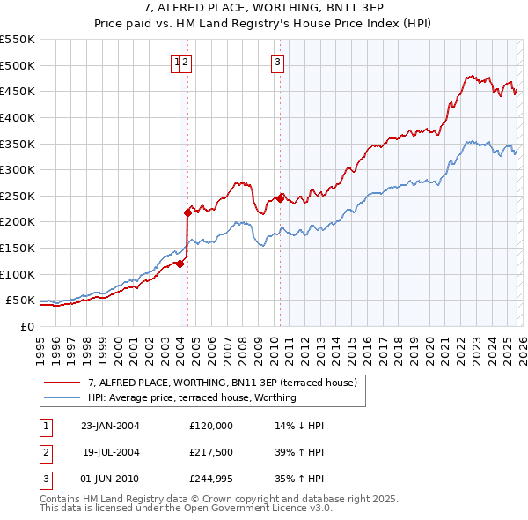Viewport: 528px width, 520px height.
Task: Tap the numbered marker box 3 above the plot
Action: (277, 62)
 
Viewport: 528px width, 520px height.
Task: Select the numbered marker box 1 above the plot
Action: (177, 62)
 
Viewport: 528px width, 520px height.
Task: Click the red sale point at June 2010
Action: (280, 198)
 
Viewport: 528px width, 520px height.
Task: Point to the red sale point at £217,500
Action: (187, 212)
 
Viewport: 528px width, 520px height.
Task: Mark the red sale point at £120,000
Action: (180, 263)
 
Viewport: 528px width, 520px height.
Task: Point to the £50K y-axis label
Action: (20, 301)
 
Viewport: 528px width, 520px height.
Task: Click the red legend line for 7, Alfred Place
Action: (62, 383)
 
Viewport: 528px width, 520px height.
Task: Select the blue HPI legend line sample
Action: (62, 397)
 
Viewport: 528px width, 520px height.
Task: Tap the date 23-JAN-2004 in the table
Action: (110, 425)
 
